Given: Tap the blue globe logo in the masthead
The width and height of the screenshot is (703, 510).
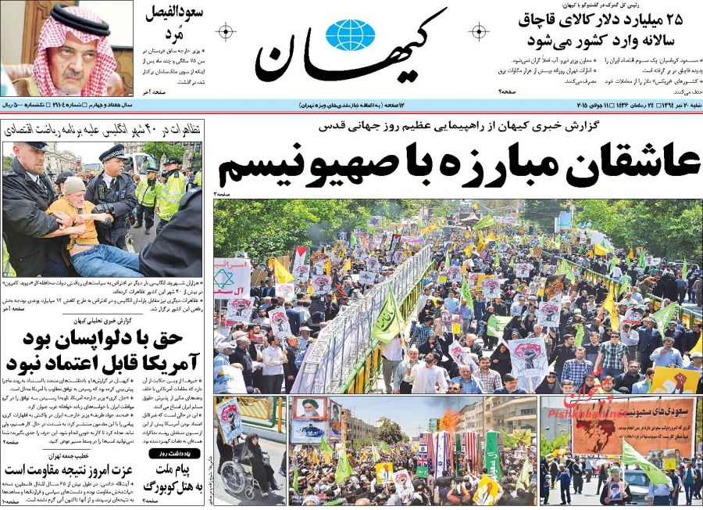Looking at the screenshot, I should tap(349, 35).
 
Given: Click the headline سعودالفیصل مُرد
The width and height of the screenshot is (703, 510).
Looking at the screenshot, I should tap(174, 23).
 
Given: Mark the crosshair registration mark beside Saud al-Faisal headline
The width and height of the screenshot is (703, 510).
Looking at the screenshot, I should tap(225, 32).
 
